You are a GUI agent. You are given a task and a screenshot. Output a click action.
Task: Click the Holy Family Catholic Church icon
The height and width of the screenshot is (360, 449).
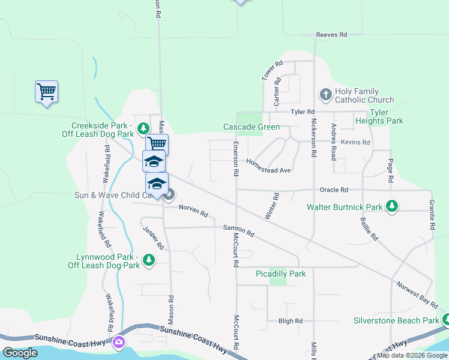[x=325, y=94]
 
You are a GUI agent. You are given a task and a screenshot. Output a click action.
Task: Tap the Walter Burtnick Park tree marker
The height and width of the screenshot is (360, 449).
[x=392, y=206]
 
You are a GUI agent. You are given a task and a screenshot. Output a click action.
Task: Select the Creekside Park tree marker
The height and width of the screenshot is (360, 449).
[x=143, y=128]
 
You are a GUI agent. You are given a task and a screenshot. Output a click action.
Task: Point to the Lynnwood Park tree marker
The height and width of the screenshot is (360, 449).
[x=149, y=260]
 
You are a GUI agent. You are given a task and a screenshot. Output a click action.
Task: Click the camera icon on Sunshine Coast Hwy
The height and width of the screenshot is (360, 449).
[x=118, y=342]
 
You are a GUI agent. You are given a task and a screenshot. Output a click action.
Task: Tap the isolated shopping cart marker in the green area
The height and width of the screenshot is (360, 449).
[x=46, y=92]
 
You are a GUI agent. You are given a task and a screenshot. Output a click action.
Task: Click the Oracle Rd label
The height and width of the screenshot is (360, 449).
[x=334, y=190]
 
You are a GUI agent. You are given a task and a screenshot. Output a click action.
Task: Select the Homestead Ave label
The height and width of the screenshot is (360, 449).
[x=268, y=167]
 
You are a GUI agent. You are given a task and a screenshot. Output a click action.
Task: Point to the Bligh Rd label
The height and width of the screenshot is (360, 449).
[x=291, y=321]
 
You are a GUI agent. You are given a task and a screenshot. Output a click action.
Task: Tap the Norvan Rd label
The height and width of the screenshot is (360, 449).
[x=193, y=211]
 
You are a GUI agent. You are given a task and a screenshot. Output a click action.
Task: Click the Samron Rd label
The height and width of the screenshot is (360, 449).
[x=239, y=230]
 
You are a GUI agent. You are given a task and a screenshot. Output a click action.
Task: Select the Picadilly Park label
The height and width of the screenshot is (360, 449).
[x=280, y=274]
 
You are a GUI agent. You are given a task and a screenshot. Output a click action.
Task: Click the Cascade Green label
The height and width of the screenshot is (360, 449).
[x=252, y=127]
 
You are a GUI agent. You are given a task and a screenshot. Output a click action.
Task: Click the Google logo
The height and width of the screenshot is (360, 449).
[x=20, y=353]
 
